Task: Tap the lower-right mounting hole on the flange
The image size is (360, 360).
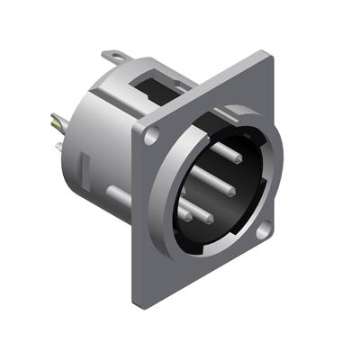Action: coord(261,233)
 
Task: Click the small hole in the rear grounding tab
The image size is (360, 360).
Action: coord(113,59)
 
